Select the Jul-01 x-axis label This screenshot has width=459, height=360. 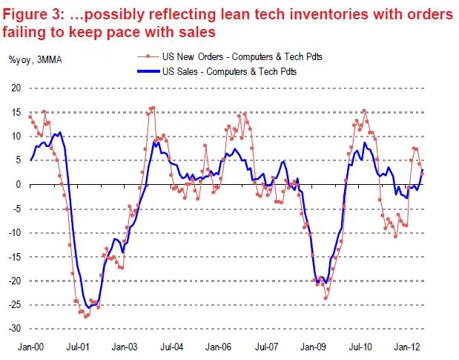[x=77, y=346]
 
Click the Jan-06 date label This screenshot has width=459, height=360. [x=219, y=346]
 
